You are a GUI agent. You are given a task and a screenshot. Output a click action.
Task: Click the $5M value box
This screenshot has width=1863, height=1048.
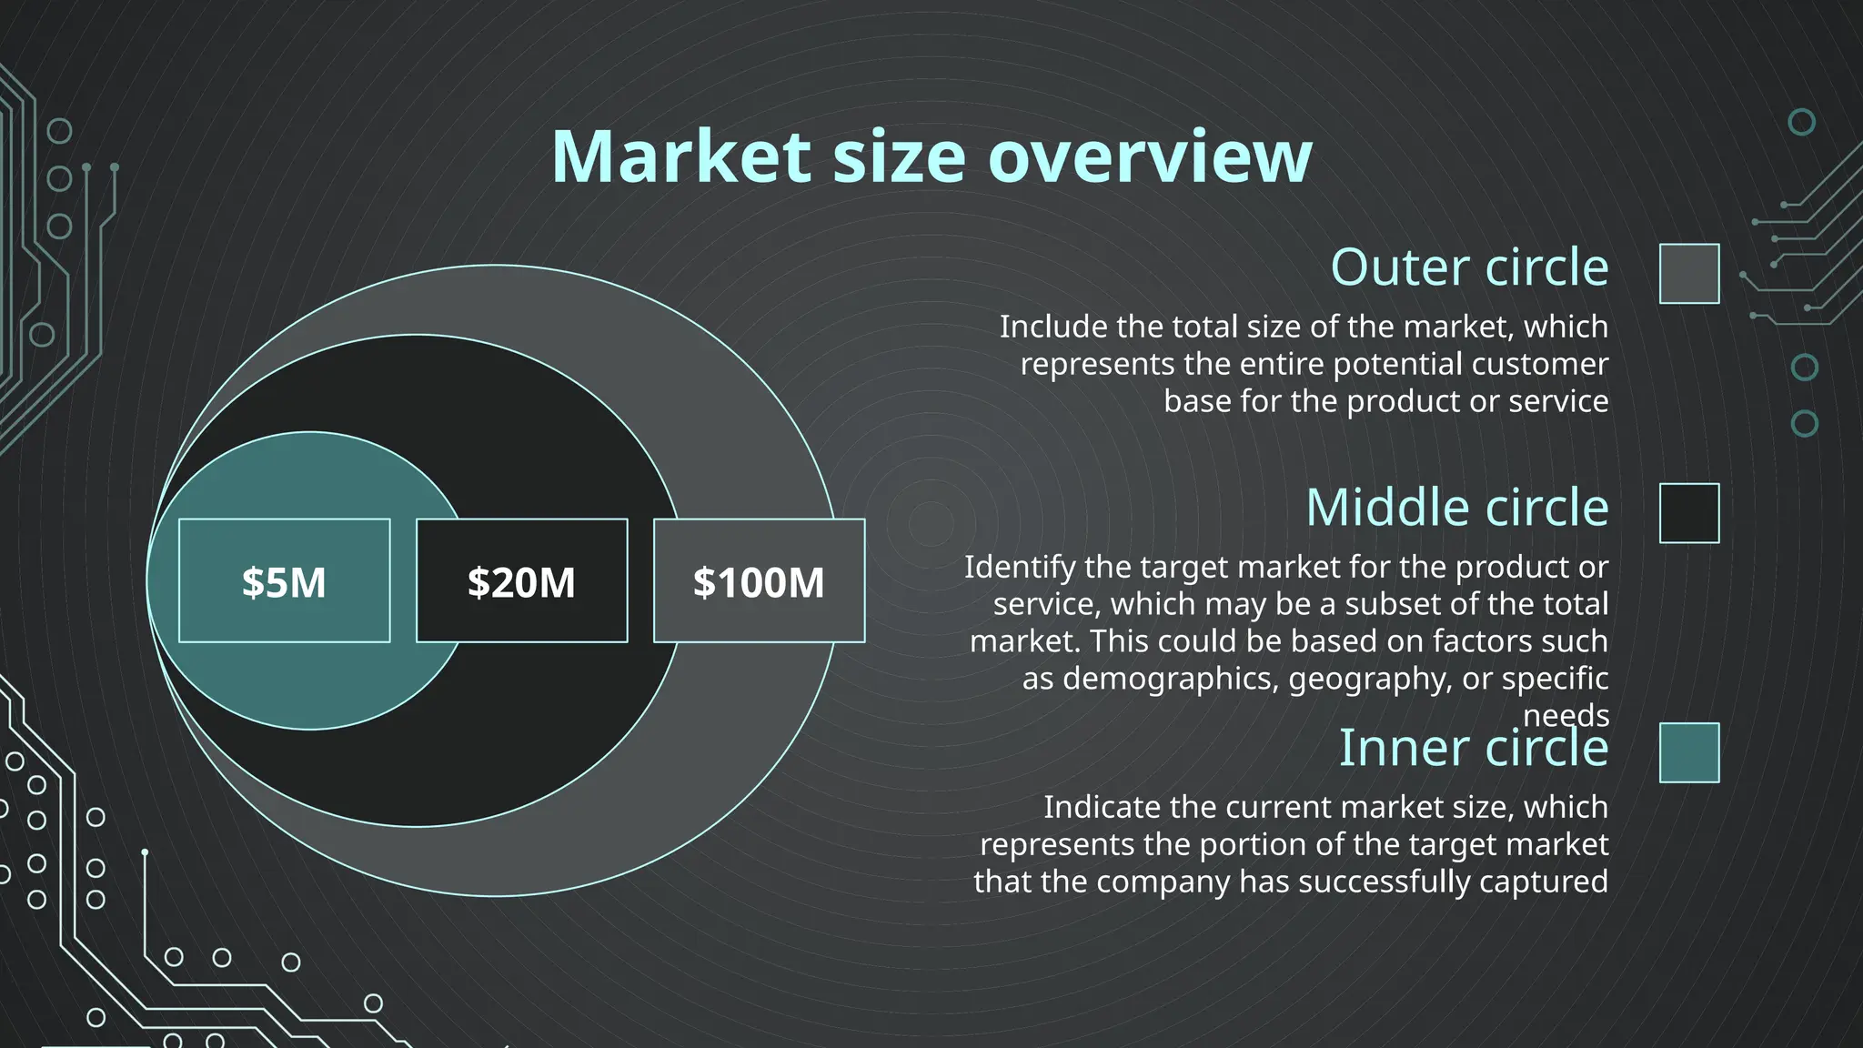284,581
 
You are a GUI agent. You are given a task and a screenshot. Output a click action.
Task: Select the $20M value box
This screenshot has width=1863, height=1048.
521,581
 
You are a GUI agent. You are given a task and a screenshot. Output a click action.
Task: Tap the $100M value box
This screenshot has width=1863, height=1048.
759,581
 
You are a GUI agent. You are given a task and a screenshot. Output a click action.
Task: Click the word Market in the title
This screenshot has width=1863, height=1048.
680,156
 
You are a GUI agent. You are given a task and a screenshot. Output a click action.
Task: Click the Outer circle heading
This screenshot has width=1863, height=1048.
1469,267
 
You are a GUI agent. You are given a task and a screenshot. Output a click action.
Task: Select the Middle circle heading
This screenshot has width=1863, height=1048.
1456,508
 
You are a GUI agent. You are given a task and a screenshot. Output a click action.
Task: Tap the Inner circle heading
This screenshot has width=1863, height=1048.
1473,748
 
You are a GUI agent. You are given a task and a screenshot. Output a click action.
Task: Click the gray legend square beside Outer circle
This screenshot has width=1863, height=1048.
1689,273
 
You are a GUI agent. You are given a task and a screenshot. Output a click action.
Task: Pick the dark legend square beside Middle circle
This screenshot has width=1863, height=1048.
1689,513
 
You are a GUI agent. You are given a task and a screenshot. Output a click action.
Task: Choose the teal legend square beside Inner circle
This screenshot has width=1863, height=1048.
1689,752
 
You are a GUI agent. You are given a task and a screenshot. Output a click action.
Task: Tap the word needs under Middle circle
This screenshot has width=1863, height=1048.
1566,715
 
